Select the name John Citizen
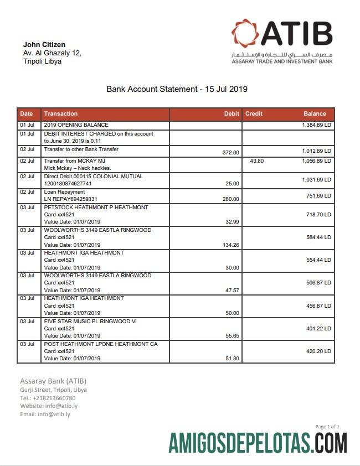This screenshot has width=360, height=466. coord(44,44)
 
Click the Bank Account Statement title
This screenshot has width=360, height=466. coord(177,89)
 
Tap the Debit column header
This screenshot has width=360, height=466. coord(232,113)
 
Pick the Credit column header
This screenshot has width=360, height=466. coord(254,113)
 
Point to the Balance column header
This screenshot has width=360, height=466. coord(315,113)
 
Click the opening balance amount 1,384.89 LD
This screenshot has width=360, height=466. coord(316,126)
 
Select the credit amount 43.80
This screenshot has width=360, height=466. coord(256,160)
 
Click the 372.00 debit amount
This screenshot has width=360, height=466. coord(230,152)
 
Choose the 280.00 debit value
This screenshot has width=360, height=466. coord(230,199)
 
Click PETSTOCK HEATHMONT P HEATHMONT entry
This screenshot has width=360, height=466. coord(96,208)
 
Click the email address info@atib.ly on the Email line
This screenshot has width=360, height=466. coord(54,414)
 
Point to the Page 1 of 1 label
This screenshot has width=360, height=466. coord(327,427)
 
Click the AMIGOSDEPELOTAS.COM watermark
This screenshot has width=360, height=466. coord(258,443)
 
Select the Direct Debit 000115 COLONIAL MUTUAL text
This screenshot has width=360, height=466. coord(93,177)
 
